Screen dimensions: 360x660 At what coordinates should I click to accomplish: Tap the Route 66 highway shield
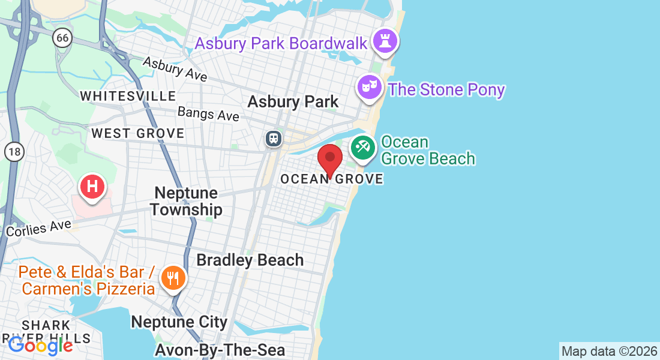(x=62, y=38)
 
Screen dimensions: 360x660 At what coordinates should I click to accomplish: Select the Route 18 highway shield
(x=13, y=152)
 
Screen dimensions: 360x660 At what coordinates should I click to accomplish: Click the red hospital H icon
(x=92, y=186)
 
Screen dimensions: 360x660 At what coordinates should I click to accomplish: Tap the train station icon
(x=274, y=139)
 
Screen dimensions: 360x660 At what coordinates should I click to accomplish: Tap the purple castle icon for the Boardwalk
(x=383, y=42)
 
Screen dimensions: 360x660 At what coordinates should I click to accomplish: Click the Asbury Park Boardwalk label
(x=281, y=43)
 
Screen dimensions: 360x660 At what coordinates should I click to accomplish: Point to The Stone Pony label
(x=446, y=90)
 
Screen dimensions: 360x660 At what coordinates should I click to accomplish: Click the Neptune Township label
(x=186, y=201)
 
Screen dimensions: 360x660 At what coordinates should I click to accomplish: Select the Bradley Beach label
(x=250, y=260)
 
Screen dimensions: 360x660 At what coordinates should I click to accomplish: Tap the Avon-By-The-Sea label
(x=220, y=349)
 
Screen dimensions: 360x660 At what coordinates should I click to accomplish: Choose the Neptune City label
(x=179, y=322)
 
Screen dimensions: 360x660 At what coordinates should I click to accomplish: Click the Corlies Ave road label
(x=38, y=228)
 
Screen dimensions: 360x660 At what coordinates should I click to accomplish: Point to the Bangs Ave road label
(x=208, y=113)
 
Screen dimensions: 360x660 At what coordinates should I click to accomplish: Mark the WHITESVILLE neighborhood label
(x=128, y=96)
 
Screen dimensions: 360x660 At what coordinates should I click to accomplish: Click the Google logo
(x=40, y=345)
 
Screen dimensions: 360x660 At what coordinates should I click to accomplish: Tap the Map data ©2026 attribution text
(x=609, y=351)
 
